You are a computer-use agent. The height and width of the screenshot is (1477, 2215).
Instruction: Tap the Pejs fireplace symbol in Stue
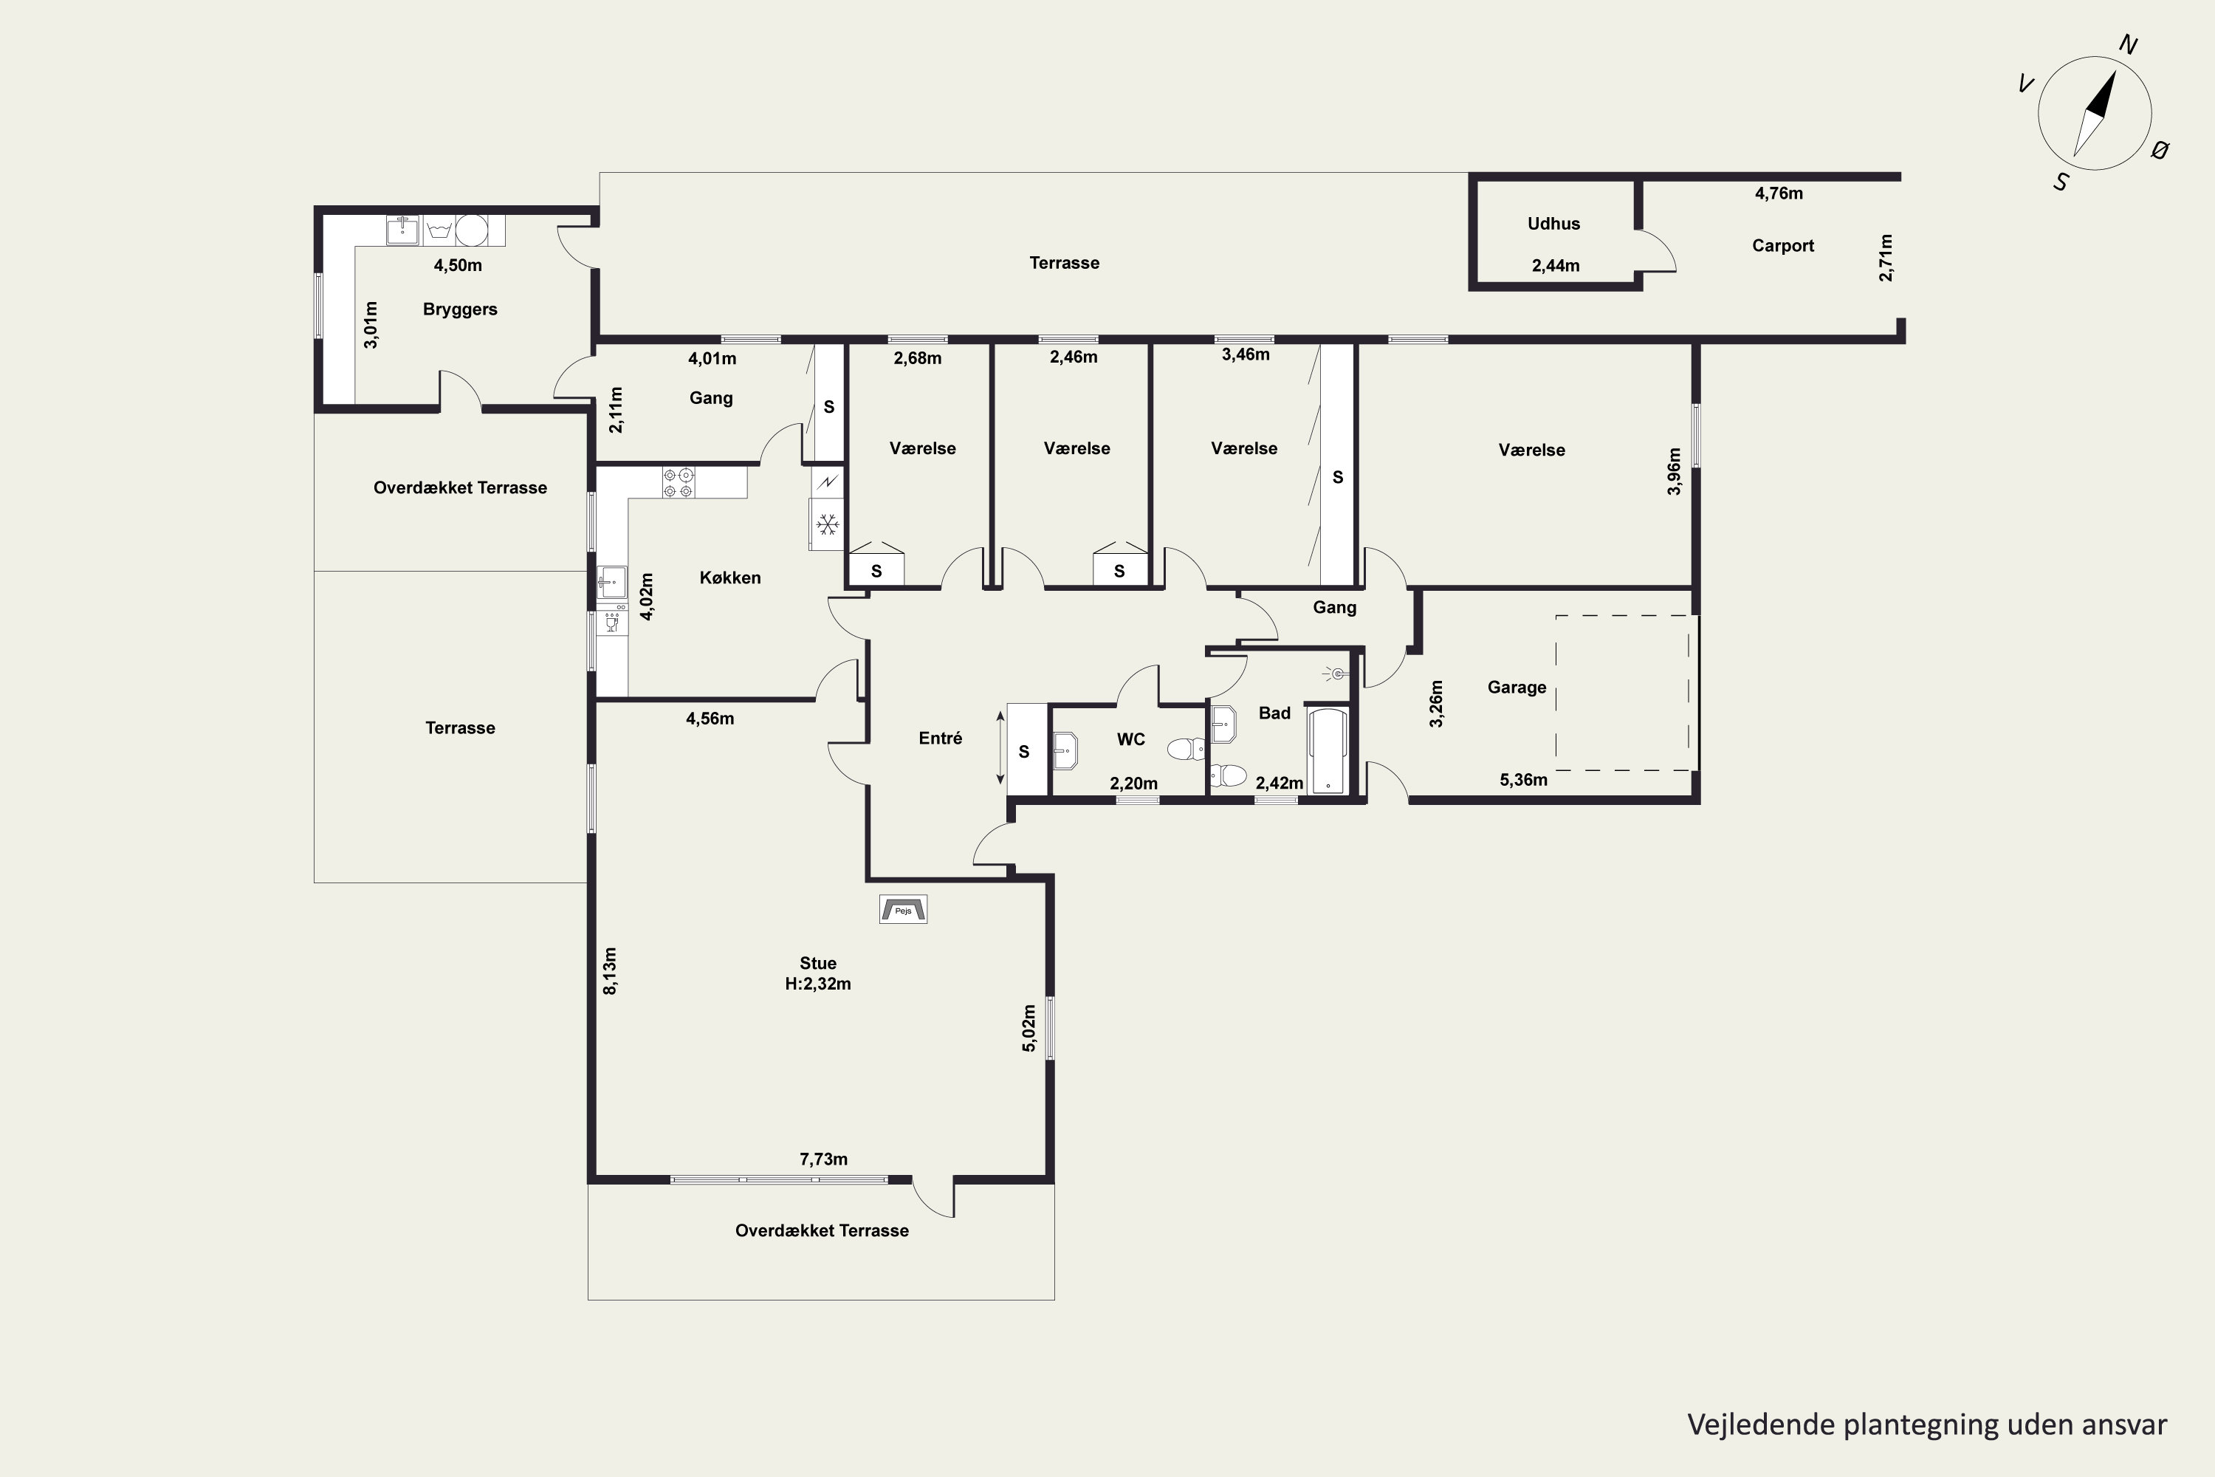pyautogui.click(x=903, y=909)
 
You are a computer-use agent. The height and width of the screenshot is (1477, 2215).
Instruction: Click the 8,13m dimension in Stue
pyautogui.click(x=611, y=971)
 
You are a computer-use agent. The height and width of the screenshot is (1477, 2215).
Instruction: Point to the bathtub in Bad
pyautogui.click(x=1328, y=751)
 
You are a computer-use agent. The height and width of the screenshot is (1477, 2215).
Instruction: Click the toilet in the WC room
pyautogui.click(x=1186, y=749)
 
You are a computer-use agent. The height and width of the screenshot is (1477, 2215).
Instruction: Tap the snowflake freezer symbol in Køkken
pyautogui.click(x=828, y=524)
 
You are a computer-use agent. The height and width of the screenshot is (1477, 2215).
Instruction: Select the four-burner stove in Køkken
pyautogui.click(x=678, y=482)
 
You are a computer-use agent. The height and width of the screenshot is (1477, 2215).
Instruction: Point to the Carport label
pyautogui.click(x=1783, y=246)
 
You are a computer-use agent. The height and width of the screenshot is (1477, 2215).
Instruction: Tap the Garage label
pyautogui.click(x=1517, y=688)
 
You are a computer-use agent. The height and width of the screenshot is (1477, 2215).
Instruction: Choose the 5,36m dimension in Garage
pyautogui.click(x=1524, y=780)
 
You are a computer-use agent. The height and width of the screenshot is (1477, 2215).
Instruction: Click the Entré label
pyautogui.click(x=940, y=738)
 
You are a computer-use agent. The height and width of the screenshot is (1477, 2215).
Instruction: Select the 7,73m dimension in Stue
pyautogui.click(x=823, y=1159)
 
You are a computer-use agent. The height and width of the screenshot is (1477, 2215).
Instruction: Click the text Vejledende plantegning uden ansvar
pyautogui.click(x=1927, y=1425)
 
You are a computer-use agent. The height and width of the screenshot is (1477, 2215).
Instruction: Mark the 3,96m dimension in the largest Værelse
pyautogui.click(x=1674, y=472)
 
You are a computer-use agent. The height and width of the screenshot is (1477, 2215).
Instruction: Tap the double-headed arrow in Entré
pyautogui.click(x=1000, y=747)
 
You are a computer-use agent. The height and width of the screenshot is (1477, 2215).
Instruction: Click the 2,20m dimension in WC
pyautogui.click(x=1134, y=784)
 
